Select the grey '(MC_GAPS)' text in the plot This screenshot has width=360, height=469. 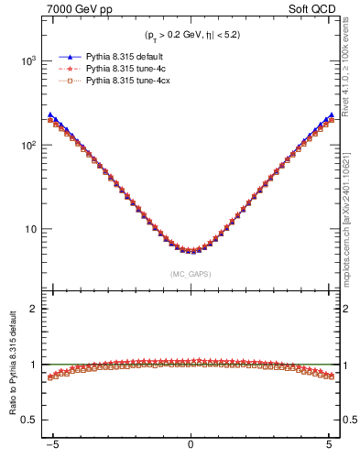click(x=190, y=274)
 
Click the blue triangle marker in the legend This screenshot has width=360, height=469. click(x=63, y=56)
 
